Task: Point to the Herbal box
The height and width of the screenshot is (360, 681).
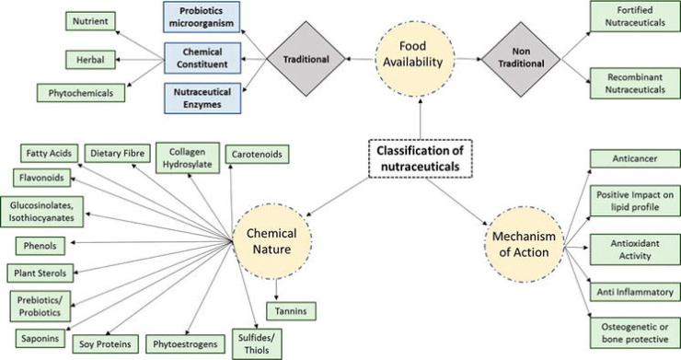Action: (x=89, y=59)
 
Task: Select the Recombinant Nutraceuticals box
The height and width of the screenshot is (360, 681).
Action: (x=632, y=84)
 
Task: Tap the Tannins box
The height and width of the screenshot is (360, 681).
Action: (x=292, y=311)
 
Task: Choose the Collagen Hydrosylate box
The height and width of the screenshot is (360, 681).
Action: (x=186, y=159)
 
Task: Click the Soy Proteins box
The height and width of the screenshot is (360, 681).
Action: (x=107, y=343)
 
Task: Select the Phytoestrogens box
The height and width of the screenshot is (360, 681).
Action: (x=187, y=343)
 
